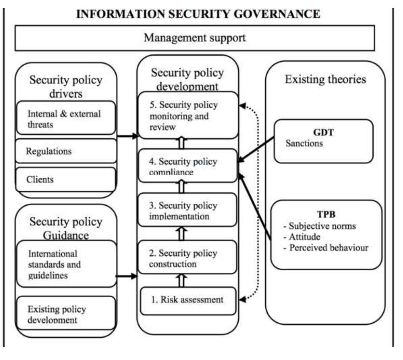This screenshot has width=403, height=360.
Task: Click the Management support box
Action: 194,38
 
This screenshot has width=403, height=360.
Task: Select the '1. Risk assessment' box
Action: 188,301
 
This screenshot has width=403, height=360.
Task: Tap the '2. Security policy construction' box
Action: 187,257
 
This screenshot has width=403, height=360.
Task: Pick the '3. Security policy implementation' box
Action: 187,210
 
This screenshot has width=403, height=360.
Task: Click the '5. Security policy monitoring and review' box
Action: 188,115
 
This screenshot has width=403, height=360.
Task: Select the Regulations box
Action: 66,151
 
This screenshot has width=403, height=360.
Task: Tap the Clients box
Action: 66,179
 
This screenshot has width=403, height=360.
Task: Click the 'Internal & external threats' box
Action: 66,118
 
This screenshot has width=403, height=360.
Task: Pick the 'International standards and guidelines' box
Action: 67,264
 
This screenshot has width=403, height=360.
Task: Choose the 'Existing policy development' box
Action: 66,313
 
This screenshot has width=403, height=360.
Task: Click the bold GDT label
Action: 324,132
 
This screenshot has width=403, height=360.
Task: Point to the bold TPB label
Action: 326,214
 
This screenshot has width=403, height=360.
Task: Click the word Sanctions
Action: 304,143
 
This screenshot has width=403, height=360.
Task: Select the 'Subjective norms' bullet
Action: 320,226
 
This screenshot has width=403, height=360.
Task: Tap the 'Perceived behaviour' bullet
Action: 326,248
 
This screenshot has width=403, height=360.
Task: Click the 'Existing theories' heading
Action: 326,79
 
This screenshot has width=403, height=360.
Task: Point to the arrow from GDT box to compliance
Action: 256,150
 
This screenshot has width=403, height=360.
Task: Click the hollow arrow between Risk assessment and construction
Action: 181,280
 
